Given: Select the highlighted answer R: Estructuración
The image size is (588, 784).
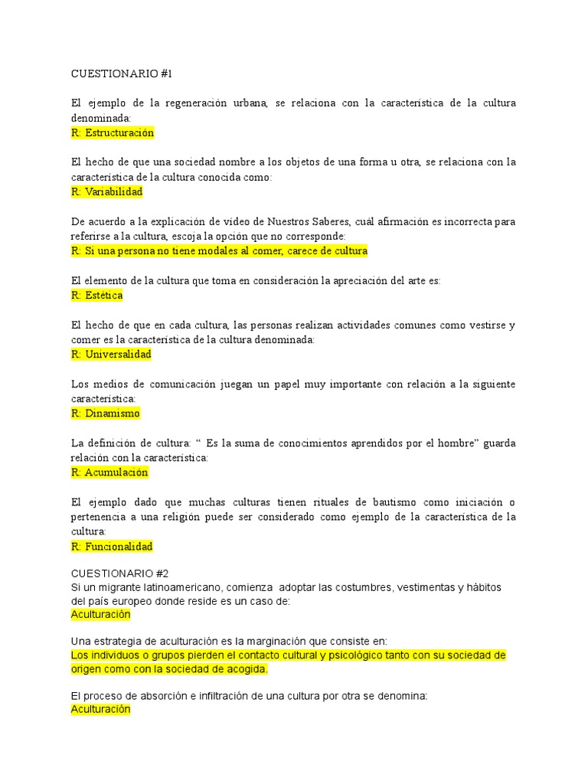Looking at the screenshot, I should (x=112, y=132).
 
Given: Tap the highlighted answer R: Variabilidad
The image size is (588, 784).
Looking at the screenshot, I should (x=106, y=191).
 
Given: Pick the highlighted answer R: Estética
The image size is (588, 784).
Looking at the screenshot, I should (x=96, y=295).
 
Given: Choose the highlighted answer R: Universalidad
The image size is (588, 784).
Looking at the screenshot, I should (x=111, y=354).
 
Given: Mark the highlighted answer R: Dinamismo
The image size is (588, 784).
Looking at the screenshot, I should (x=106, y=413).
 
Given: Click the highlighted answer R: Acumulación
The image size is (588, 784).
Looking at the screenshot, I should (x=109, y=472).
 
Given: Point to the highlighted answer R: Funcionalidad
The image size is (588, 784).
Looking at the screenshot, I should (x=112, y=546).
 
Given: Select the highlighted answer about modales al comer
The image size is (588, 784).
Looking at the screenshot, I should (x=219, y=250).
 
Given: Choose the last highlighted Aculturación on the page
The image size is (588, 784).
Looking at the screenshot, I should (x=100, y=710).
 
